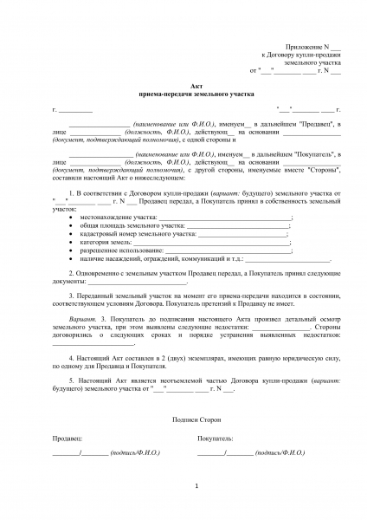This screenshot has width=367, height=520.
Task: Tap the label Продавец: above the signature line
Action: [x=68, y=439]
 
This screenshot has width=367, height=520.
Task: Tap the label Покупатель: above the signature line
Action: [x=216, y=439]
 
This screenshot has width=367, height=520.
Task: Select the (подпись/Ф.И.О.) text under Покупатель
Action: [x=281, y=453]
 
